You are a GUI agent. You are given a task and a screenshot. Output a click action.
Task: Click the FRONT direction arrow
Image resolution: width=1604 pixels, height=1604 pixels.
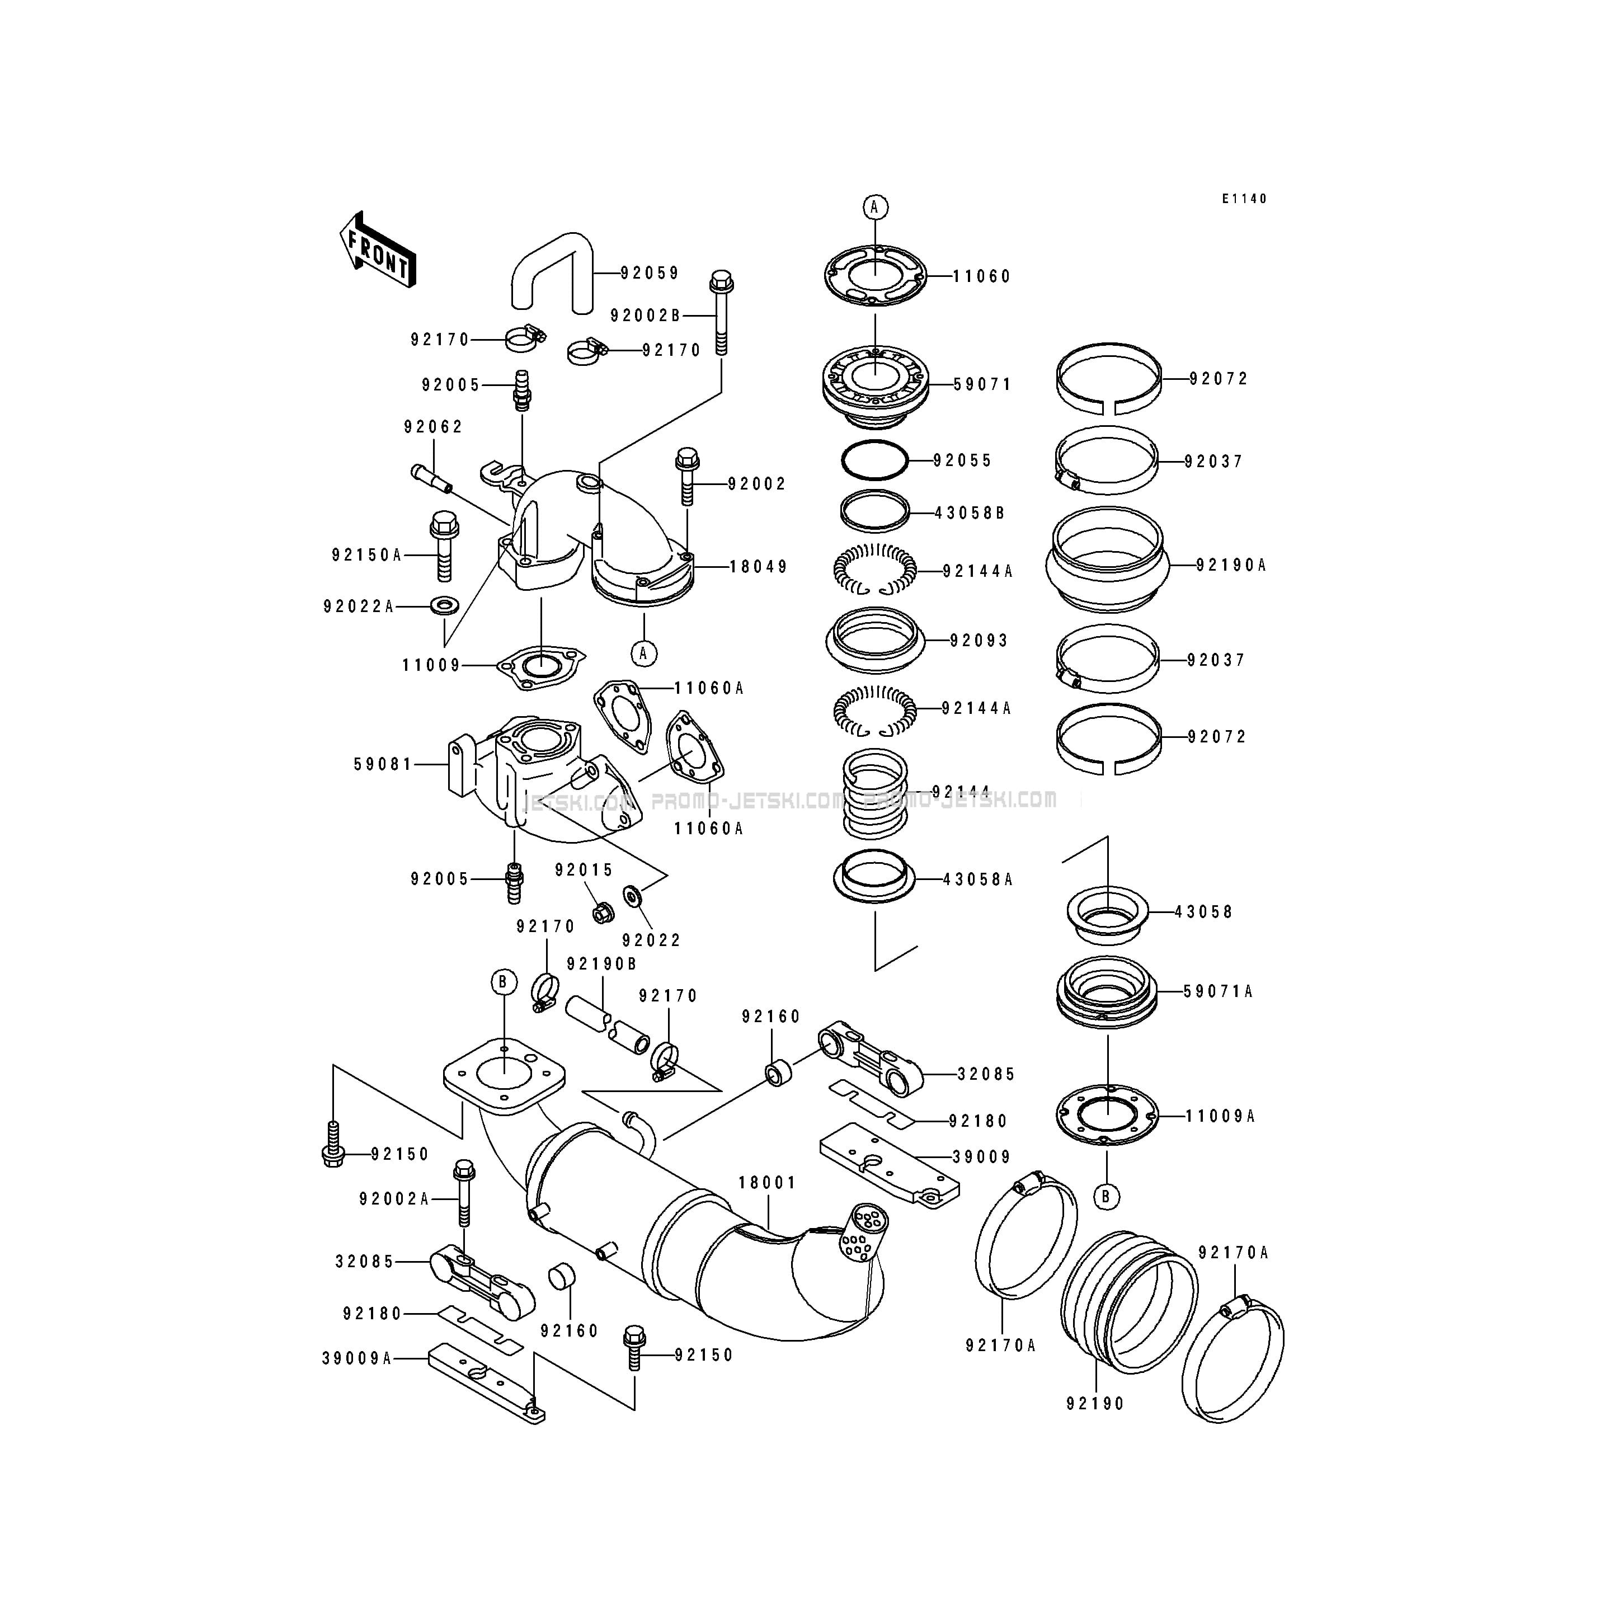378,249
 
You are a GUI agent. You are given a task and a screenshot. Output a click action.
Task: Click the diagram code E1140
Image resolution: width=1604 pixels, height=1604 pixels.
1244,199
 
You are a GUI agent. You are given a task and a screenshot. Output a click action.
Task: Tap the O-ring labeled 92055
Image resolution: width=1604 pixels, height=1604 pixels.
874,460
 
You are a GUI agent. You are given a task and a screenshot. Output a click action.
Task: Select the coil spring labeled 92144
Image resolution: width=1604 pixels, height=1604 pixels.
875,793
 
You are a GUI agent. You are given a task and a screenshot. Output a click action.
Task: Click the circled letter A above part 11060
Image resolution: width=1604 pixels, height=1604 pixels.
874,207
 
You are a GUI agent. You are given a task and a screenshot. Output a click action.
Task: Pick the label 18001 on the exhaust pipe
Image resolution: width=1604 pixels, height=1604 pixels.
767,1182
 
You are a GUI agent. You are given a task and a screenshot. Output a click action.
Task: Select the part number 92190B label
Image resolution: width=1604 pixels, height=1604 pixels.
602,964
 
